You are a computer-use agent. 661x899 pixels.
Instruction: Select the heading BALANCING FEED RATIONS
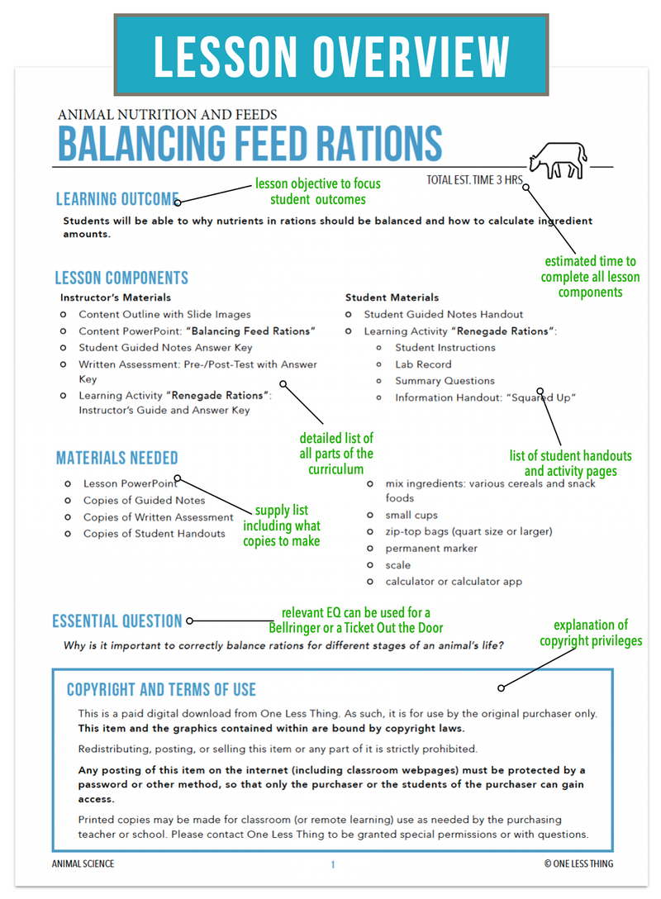click(250, 143)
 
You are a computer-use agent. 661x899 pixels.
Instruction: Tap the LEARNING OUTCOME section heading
click(117, 199)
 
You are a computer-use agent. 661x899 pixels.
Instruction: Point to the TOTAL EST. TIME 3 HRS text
click(475, 180)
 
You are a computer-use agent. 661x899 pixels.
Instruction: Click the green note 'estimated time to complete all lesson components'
click(590, 277)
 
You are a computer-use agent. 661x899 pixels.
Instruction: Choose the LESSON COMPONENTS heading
click(121, 278)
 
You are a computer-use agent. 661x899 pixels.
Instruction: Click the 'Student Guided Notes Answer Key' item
click(165, 348)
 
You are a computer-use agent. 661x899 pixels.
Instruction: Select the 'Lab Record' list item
click(423, 364)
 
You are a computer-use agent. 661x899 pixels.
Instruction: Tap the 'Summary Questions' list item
click(445, 381)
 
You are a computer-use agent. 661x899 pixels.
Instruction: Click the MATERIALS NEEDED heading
click(117, 458)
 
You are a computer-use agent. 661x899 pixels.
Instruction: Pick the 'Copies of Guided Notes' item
click(144, 501)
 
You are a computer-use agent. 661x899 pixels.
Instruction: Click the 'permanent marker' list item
click(431, 549)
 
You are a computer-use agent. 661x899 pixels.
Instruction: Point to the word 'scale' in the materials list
click(397, 565)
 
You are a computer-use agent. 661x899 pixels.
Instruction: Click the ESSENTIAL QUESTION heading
click(117, 621)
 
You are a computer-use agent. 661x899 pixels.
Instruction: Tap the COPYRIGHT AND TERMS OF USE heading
click(161, 690)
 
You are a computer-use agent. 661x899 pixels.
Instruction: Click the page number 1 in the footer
click(332, 864)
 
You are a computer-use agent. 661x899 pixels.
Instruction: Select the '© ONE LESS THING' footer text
click(578, 864)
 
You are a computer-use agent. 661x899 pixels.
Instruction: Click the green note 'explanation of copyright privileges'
click(590, 633)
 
